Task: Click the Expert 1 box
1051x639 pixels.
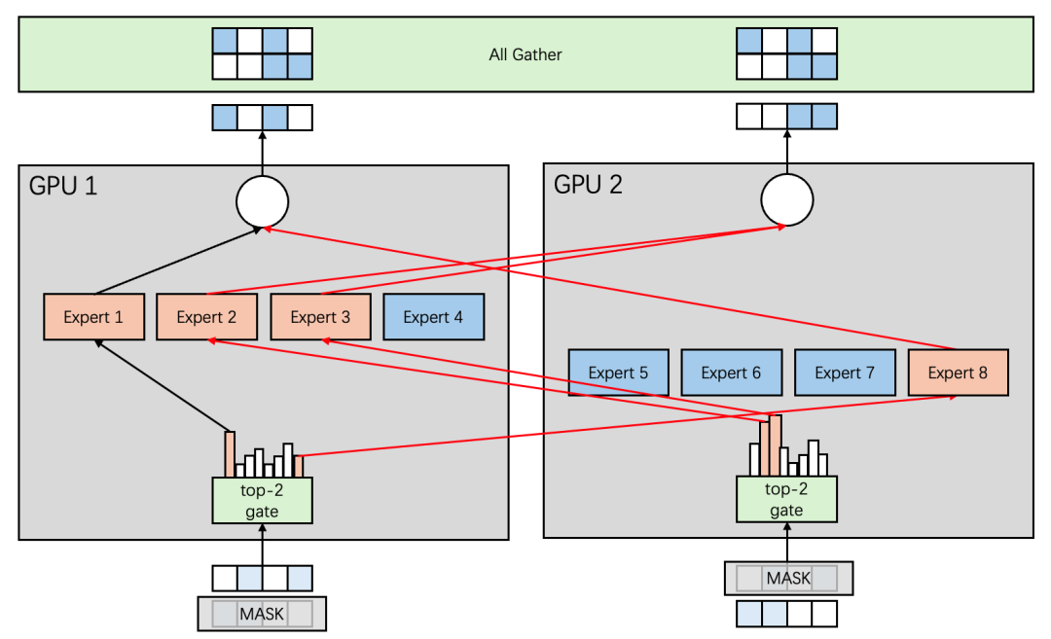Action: coord(94,317)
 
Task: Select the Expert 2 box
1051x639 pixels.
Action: coord(206,317)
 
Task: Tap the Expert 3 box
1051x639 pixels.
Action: coord(319,317)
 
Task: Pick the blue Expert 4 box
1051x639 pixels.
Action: coord(433,317)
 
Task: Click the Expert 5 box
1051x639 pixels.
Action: coord(618,373)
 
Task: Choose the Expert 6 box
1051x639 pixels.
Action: coord(731,373)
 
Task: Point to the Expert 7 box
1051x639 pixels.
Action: coord(844,373)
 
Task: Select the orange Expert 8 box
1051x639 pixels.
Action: coord(958,373)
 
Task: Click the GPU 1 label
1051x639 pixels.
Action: coord(63,186)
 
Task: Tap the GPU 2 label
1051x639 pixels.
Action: coord(588,184)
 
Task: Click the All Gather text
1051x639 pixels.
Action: coord(525,54)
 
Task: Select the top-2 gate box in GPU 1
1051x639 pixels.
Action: coord(262,500)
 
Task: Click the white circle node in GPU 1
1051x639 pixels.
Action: coord(263,201)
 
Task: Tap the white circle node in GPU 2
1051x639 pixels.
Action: coord(786,201)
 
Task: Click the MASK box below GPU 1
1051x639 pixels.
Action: coord(262,615)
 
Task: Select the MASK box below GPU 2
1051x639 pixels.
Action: coord(788,579)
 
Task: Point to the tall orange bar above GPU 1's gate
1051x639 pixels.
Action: coord(230,454)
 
